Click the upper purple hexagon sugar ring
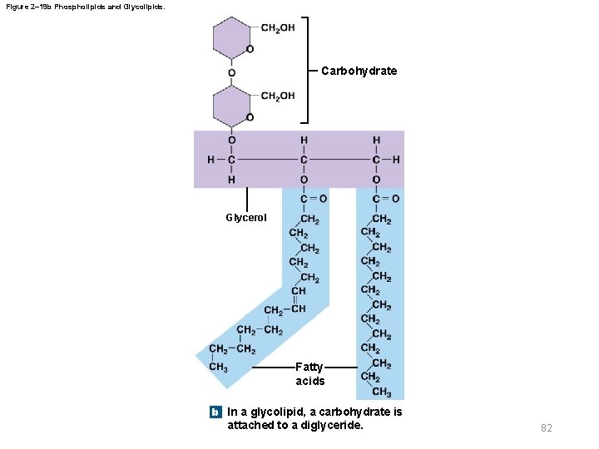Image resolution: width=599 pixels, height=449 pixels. tap(230, 38)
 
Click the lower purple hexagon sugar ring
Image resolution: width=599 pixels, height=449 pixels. tap(230, 106)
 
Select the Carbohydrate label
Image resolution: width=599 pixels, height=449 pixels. tap(359, 71)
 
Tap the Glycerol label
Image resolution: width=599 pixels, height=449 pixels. tap(246, 218)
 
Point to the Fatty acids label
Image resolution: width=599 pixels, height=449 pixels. tap(310, 373)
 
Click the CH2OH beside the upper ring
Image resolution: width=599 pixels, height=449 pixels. tap(278, 28)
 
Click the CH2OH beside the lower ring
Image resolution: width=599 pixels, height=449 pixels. tap(278, 96)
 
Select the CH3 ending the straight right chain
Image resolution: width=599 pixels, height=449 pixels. tap(382, 392)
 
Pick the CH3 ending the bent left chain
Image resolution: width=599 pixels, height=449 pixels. tap(219, 367)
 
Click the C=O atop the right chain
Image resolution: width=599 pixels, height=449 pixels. tap(385, 200)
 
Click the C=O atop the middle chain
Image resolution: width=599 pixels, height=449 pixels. tap(312, 200)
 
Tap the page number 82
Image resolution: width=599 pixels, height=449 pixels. tap(547, 427)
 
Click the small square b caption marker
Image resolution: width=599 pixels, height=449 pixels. tap(215, 412)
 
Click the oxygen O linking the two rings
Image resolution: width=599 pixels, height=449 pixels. tap(231, 72)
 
